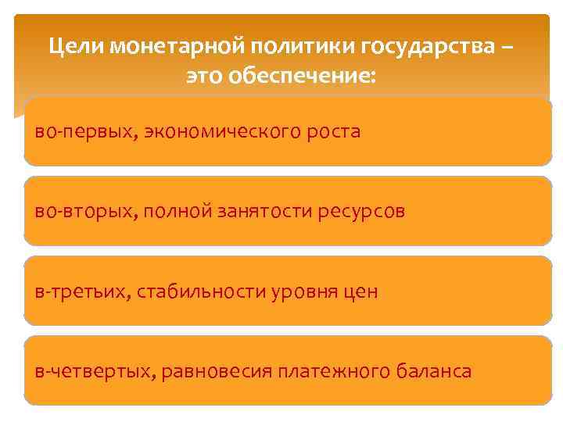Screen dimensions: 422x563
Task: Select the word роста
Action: tap(332, 131)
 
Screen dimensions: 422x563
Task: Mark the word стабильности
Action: tap(199, 292)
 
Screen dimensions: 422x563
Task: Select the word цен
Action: tap(362, 292)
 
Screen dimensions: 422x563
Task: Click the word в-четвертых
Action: tap(93, 371)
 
